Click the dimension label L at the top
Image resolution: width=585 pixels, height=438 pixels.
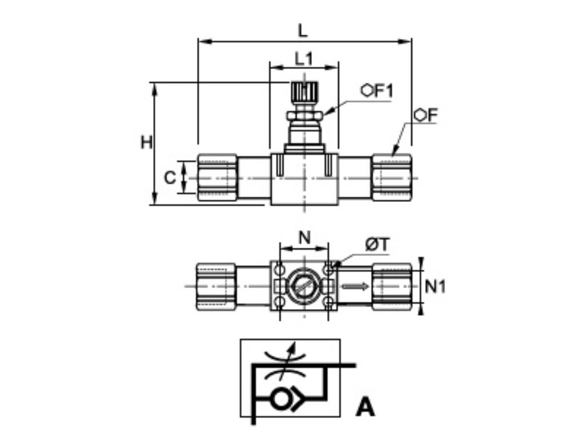coord(303,30)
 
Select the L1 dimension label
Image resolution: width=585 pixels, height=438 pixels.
coord(304,58)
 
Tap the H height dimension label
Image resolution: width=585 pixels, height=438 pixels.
coord(147,142)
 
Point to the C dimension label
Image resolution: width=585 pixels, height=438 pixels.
coord(170,178)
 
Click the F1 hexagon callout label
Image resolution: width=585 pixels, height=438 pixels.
coord(378,91)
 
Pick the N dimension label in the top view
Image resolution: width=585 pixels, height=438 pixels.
coord(304,238)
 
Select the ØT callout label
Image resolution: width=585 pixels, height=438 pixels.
coord(377,245)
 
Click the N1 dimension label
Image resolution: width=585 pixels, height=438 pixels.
coord(436,286)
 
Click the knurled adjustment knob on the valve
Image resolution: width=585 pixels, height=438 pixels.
coord(304,91)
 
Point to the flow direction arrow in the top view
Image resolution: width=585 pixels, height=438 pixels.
coord(355,286)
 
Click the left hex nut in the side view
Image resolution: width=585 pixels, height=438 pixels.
coord(217,177)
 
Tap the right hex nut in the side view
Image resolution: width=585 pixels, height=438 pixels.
coord(392,177)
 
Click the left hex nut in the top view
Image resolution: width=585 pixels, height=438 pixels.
coord(217,286)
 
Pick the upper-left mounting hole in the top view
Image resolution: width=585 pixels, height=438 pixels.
coord(279,268)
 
